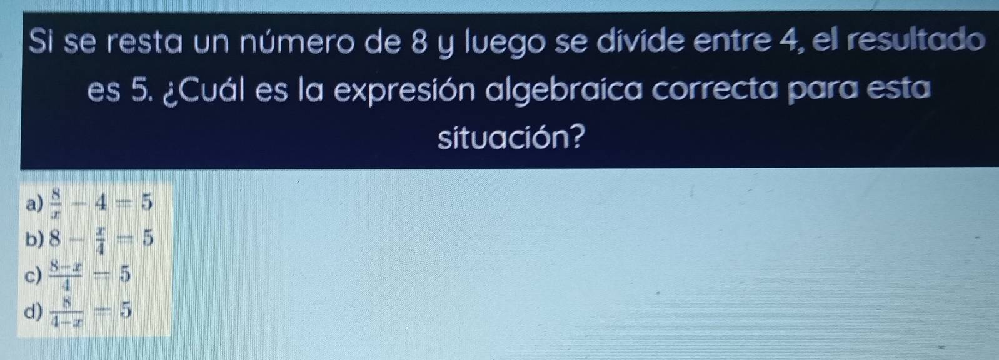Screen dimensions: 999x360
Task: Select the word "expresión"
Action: (405, 91)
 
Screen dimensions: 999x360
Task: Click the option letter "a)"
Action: (34, 204)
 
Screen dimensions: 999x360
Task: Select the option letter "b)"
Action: (34, 239)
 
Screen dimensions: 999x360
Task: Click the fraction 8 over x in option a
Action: (56, 204)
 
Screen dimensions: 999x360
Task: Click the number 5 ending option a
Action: (147, 203)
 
